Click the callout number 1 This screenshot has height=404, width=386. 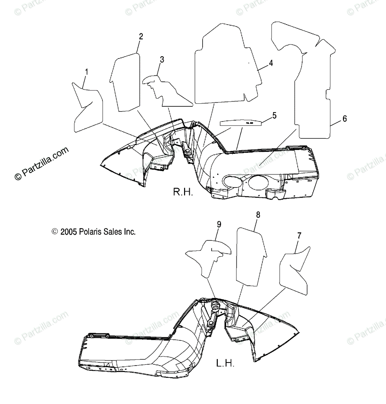coord(87,72)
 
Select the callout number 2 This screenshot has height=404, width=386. coord(141,37)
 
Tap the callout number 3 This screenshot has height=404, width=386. coord(162,60)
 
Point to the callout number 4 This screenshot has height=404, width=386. coord(271,63)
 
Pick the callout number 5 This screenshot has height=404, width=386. coord(274,116)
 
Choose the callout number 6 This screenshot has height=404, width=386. coord(344,119)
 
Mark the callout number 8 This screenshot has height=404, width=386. coord(258,215)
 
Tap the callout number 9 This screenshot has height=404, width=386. coord(219,225)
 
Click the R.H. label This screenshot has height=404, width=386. coord(183,192)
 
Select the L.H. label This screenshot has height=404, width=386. coord(225,363)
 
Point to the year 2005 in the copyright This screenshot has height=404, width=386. coord(69,232)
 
